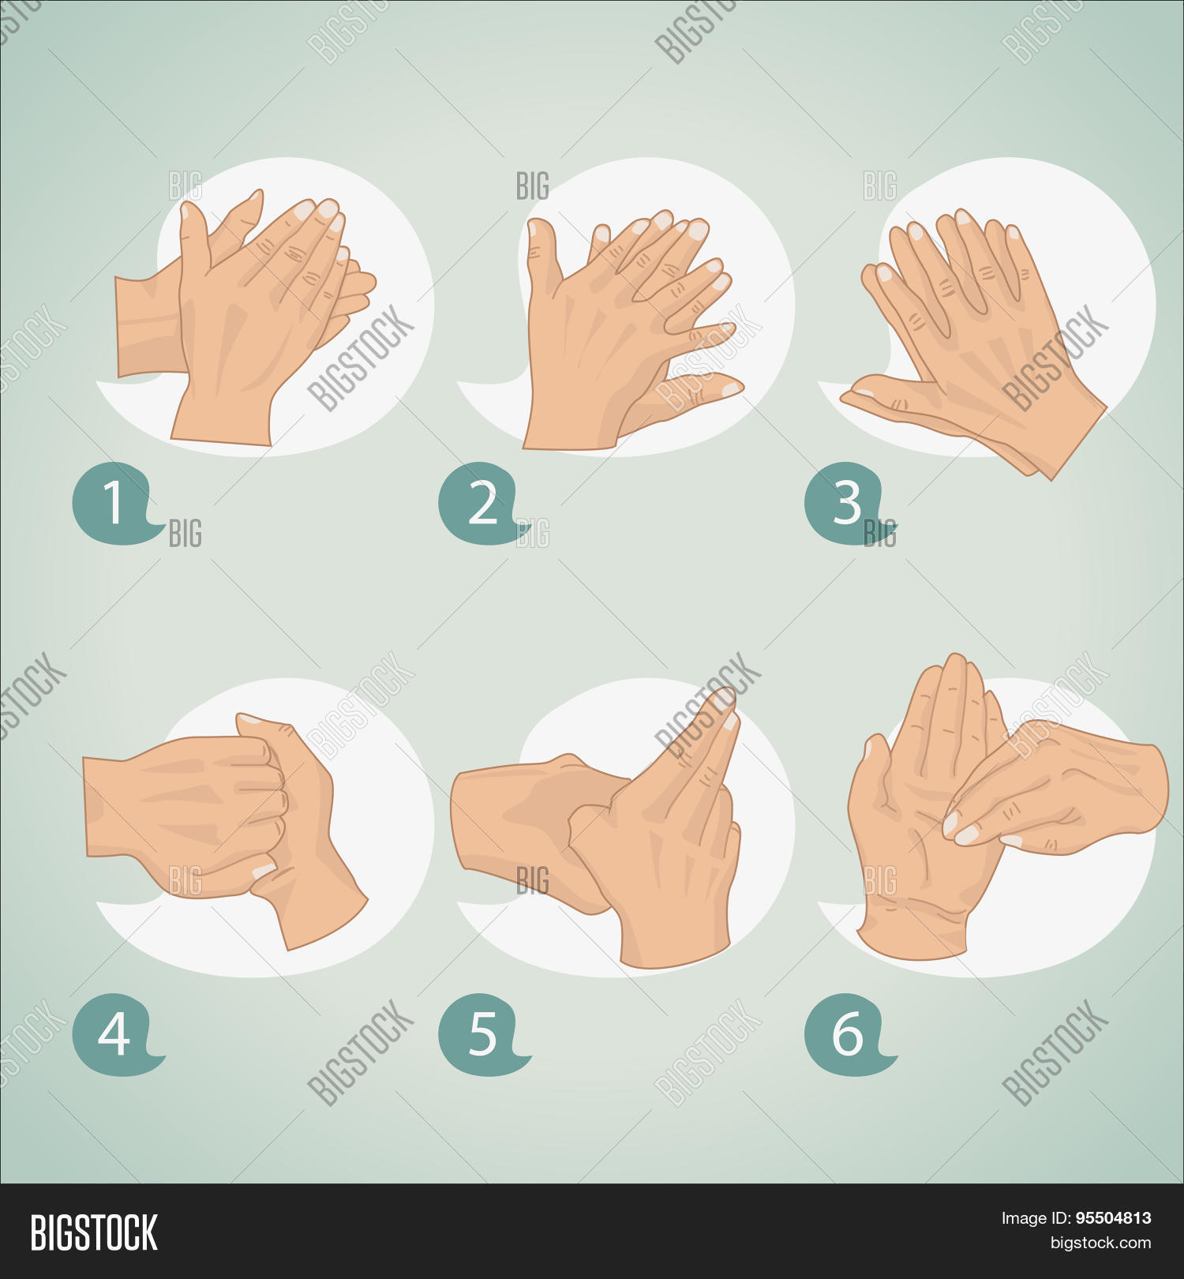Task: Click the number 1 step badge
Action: click(117, 503)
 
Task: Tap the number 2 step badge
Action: click(482, 503)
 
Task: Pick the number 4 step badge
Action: click(117, 1034)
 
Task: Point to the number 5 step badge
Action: click(482, 1034)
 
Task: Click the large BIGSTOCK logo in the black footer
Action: click(94, 1232)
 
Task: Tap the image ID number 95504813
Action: click(1113, 1218)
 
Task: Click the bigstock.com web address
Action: click(1100, 1243)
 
